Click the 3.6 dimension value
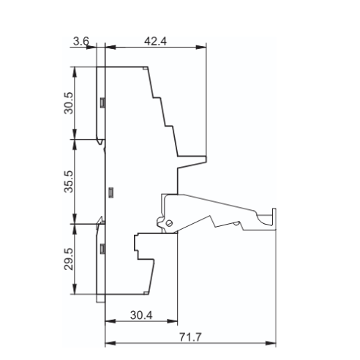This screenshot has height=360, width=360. click(81, 41)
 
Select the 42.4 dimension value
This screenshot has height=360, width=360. click(155, 41)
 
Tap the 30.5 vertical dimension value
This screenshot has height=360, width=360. click(69, 103)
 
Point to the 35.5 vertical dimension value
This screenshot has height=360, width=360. click(69, 181)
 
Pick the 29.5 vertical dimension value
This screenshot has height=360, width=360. click(69, 259)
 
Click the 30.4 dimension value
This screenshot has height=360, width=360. click(141, 315)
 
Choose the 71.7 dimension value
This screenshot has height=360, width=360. click(190, 337)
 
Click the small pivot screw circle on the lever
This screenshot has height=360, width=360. click(169, 223)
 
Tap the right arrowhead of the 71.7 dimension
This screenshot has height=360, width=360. click(271, 343)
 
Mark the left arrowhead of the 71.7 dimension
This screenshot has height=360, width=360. click(110, 343)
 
